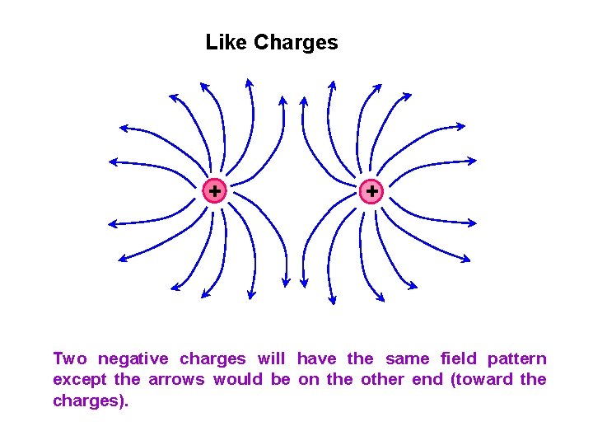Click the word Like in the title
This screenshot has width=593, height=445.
tap(226, 42)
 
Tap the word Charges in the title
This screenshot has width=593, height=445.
tap(296, 43)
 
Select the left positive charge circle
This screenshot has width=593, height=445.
tap(214, 191)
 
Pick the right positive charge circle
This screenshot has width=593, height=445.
tap(372, 191)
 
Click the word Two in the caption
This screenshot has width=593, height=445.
tap(69, 358)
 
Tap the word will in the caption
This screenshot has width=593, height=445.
tap(271, 358)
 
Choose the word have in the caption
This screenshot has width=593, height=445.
tap(317, 358)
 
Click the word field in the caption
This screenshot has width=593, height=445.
tap(458, 358)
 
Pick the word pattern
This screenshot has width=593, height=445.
tap(516, 359)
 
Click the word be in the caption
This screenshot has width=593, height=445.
tap(280, 379)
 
